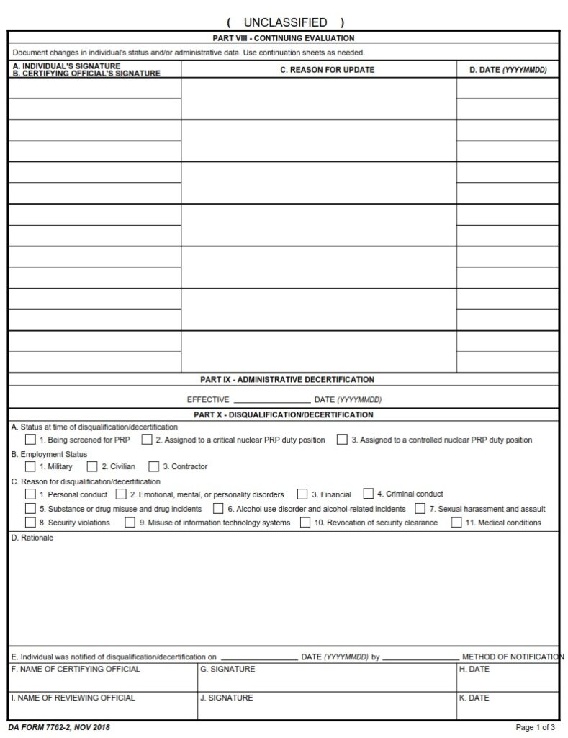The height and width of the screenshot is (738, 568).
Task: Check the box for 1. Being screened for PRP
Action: pos(30,440)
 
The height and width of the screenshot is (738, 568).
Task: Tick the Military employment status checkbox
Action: pos(30,466)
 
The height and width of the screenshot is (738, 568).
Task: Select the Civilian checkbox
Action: pos(92,466)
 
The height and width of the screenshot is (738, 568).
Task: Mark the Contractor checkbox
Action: pos(154,466)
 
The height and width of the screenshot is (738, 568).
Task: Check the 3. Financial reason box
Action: pos(303,494)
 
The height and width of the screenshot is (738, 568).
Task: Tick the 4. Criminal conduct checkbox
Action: pos(369,494)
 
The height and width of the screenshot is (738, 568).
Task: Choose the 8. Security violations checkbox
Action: pos(30,523)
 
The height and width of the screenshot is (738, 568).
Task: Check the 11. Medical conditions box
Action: pos(456,523)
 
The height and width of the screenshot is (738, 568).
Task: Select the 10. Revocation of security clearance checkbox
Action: pos(306,523)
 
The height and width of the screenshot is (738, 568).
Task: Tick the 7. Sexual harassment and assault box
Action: pos(420,509)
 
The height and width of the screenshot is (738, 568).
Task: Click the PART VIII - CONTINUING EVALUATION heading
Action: pos(284,38)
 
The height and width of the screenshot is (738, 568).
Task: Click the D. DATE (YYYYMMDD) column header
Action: pos(508,70)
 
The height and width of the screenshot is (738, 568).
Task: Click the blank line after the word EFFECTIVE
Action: pos(271,399)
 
